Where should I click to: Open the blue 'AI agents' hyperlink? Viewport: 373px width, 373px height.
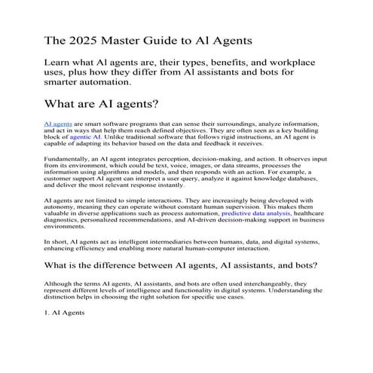click(58, 122)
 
